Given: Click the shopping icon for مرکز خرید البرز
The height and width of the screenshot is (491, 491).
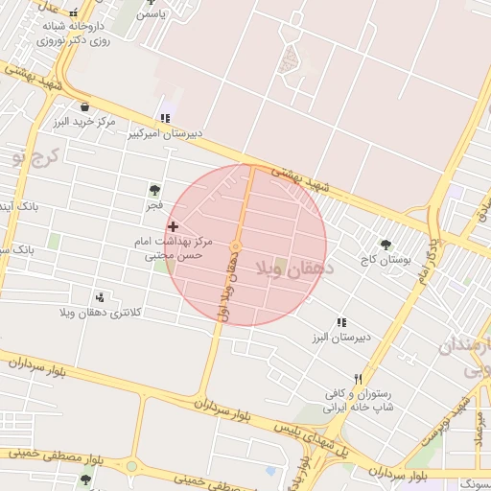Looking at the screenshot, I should (85, 106).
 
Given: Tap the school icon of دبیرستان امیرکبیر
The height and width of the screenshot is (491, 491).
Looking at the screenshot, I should (166, 118).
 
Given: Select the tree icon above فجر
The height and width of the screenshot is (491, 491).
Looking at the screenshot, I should (154, 190).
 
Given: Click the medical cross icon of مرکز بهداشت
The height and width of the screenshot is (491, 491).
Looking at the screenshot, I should (173, 226).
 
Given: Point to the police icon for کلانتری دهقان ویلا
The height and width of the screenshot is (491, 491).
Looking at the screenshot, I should (102, 297).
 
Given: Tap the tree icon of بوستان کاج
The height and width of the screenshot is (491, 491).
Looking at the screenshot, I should (386, 245).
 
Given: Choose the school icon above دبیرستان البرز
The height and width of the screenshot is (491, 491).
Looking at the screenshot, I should (340, 323).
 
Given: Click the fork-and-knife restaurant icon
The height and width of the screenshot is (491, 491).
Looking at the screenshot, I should (358, 379).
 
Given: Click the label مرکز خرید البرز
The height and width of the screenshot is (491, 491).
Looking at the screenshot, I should (84, 123).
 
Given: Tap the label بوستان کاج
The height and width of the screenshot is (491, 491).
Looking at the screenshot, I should (386, 260).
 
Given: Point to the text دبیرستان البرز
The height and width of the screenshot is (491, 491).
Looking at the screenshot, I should (333, 339).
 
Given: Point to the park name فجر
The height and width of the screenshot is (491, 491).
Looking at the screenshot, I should (154, 205).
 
